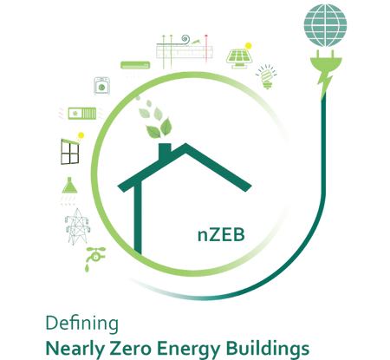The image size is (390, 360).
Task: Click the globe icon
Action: (325, 25)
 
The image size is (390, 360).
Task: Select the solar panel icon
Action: (239, 58)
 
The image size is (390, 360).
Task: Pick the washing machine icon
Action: (101, 86)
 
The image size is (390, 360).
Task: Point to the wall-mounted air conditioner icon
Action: (135, 65)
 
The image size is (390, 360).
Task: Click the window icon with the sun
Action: (70, 151)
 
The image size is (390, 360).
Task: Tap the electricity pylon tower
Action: (77, 226)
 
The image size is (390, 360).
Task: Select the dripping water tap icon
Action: (95, 259)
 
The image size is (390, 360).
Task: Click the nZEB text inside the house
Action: (221, 235)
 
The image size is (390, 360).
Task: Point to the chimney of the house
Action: (165, 151)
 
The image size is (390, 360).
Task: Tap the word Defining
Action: (82, 324)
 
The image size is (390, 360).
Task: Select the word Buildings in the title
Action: (267, 350)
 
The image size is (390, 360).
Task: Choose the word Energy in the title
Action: (188, 350)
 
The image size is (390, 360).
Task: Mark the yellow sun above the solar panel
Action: (248, 46)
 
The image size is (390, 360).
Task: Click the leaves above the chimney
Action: (155, 119)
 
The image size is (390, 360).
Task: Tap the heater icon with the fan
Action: (82, 114)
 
